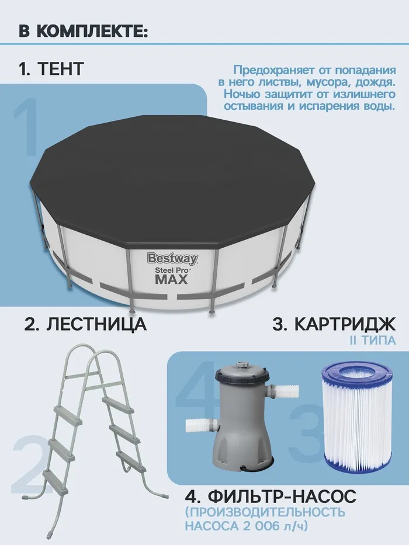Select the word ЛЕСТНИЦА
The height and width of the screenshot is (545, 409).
[96, 324]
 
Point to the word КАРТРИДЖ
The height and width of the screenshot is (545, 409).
[345, 324]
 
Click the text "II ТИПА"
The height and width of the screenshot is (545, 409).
[373, 341]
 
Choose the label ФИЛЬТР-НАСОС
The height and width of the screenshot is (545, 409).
[282, 496]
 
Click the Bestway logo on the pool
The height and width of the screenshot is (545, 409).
[172, 259]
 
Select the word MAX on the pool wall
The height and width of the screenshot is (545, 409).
[171, 279]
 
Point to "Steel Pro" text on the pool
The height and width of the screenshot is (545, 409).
[171, 269]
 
